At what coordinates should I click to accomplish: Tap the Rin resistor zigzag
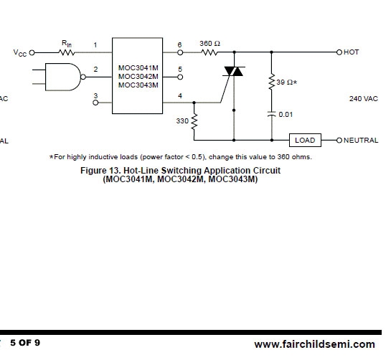[x=67, y=52]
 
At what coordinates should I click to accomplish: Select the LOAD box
[x=305, y=140]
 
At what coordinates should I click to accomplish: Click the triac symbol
[x=234, y=71]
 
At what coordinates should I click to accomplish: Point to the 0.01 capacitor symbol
[x=272, y=115]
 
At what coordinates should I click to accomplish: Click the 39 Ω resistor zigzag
[x=272, y=82]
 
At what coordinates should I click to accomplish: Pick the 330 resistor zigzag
[x=194, y=121]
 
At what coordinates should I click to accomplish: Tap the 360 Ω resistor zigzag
[x=209, y=52]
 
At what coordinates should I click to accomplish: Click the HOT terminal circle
[x=339, y=52]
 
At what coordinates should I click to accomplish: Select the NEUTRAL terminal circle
[x=339, y=140]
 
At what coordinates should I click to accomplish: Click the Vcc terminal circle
[x=32, y=52]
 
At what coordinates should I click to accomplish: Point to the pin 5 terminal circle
[x=180, y=77]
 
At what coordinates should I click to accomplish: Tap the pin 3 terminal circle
[x=95, y=103]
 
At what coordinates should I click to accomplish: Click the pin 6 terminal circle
[x=180, y=52]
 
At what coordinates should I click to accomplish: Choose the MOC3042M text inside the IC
[x=138, y=76]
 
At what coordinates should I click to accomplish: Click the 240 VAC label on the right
[x=364, y=99]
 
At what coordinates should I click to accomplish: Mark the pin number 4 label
[x=180, y=95]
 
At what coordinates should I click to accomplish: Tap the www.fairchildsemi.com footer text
[x=315, y=344]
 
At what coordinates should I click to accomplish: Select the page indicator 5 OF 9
[x=25, y=343]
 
